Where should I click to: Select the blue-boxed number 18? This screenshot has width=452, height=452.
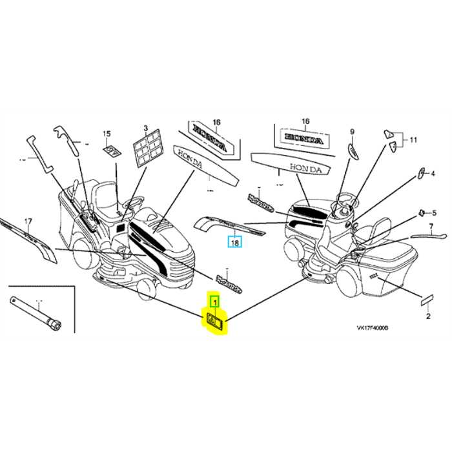click(234, 243)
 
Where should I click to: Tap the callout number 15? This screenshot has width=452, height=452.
click(107, 134)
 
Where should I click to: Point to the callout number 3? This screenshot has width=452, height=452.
click(146, 128)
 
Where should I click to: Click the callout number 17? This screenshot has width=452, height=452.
click(28, 222)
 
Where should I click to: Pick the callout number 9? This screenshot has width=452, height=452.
click(353, 132)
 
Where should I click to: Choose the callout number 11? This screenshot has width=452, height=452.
click(413, 139)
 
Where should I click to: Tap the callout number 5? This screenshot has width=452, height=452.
click(435, 212)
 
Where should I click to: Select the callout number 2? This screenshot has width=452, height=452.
click(427, 318)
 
